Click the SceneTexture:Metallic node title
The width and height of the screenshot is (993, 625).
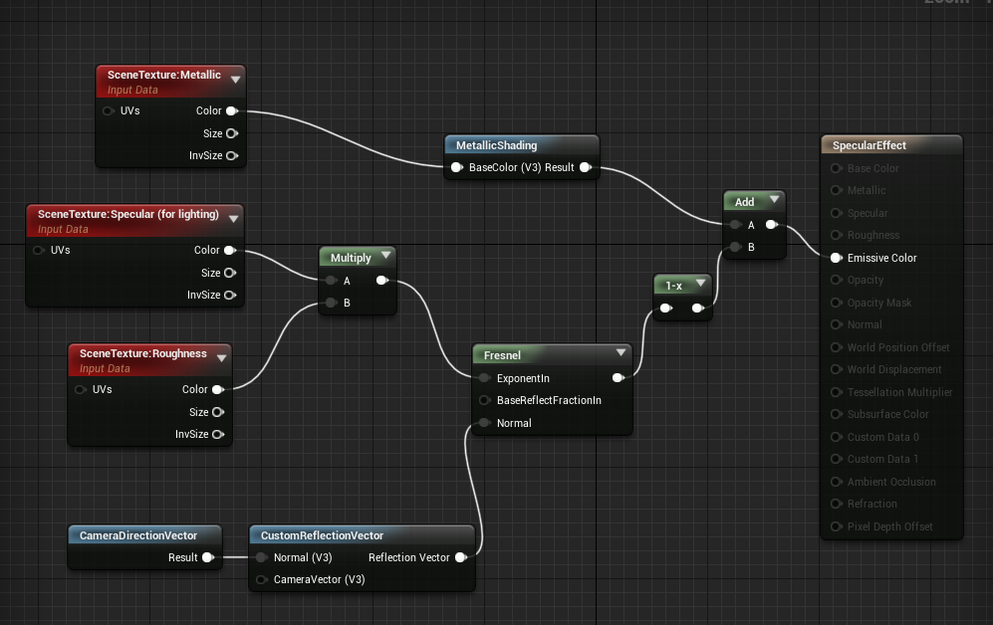tap(164, 76)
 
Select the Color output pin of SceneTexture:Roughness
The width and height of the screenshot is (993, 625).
tap(217, 389)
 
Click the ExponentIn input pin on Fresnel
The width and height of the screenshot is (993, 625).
tap(483, 378)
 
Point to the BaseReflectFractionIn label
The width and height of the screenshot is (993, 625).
tap(549, 400)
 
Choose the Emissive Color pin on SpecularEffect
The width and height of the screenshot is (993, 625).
tap(836, 258)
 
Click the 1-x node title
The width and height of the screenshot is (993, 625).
tap(674, 286)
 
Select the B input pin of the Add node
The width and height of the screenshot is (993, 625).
tap(735, 247)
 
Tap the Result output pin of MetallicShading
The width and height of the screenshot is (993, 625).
tap(585, 167)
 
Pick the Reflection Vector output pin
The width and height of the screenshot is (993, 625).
tap(460, 557)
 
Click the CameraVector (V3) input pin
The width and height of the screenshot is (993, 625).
tap(261, 579)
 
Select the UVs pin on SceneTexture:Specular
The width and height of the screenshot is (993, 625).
tap(39, 250)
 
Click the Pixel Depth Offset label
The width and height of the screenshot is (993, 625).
tap(889, 526)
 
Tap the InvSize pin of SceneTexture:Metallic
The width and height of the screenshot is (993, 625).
tap(231, 155)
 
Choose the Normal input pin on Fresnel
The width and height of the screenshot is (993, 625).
tap(483, 423)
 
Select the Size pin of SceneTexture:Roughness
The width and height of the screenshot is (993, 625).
tap(217, 412)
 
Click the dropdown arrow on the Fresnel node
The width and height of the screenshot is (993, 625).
tap(621, 352)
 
